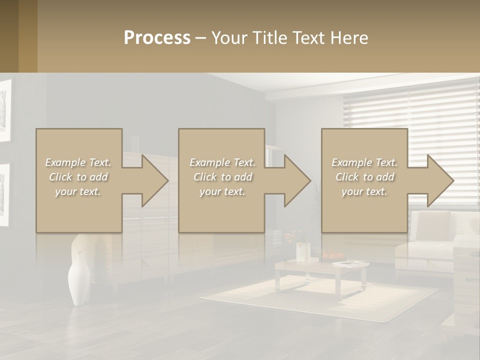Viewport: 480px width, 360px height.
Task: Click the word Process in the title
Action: [x=157, y=38]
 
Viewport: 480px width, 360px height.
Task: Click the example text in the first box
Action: [x=78, y=177]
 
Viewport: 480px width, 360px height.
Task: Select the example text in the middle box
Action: [x=222, y=177]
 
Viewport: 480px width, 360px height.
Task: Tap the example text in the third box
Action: [x=364, y=177]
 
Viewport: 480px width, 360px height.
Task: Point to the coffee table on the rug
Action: [x=320, y=272]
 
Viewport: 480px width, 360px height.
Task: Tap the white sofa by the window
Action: [x=435, y=240]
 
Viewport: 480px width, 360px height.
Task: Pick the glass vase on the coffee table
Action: [x=303, y=252]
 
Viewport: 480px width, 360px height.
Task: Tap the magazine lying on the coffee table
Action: [x=350, y=263]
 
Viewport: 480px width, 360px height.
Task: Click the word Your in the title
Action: [x=227, y=38]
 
